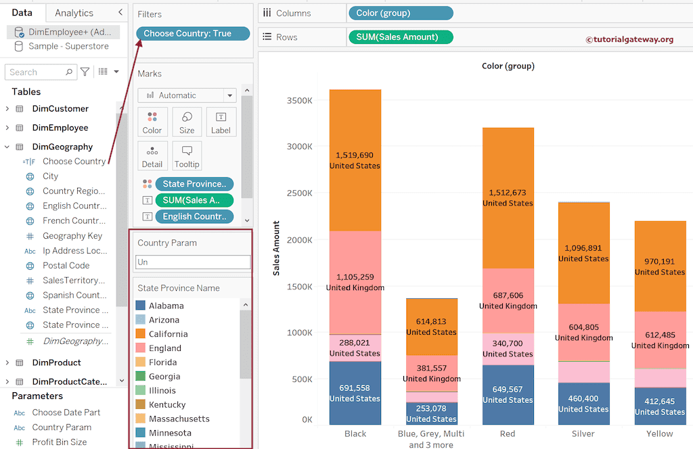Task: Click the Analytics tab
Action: pyautogui.click(x=74, y=13)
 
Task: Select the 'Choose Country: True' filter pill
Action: pyautogui.click(x=193, y=33)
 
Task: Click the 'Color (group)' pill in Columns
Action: pyautogui.click(x=400, y=13)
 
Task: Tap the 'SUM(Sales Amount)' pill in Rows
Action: pyautogui.click(x=400, y=37)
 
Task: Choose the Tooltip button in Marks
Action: pyautogui.click(x=187, y=156)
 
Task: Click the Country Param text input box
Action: pyautogui.click(x=193, y=262)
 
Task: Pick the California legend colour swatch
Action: pyautogui.click(x=141, y=334)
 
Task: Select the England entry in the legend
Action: pyautogui.click(x=164, y=348)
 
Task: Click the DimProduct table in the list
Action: pyautogui.click(x=56, y=362)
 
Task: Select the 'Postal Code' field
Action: pyautogui.click(x=66, y=266)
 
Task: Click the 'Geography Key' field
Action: pyautogui.click(x=72, y=236)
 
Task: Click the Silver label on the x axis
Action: pyautogui.click(x=583, y=433)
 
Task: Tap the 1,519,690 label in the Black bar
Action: pyautogui.click(x=355, y=155)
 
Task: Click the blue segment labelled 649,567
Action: pyautogui.click(x=508, y=394)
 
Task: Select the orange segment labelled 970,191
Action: pyautogui.click(x=659, y=266)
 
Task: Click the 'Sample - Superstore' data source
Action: pyautogui.click(x=68, y=46)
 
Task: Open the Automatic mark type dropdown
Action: pyautogui.click(x=187, y=95)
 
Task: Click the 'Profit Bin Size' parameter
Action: pyautogui.click(x=60, y=442)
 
